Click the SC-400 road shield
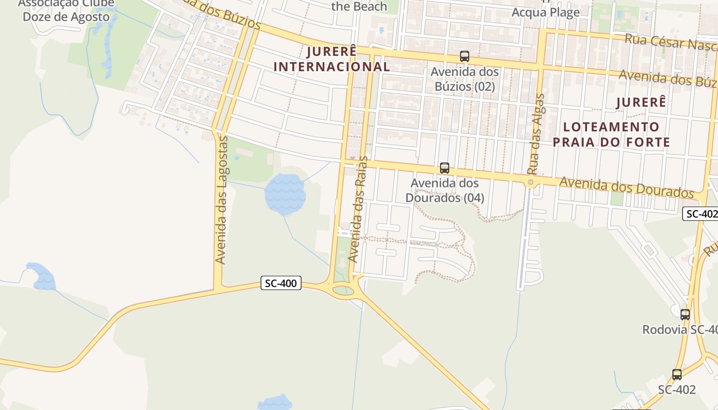point(281,283)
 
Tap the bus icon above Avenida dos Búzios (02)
point(465,56)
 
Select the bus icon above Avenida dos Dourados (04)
point(445,168)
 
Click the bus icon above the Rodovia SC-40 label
point(685,314)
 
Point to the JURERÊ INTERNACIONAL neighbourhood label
point(332,59)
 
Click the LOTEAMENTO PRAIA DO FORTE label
point(611,134)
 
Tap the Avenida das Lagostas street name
point(221,200)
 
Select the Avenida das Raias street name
point(358,209)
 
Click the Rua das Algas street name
point(536,134)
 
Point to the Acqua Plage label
point(546,12)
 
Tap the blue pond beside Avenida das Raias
point(285,194)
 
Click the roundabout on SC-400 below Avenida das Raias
point(343,291)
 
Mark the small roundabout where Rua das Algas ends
point(531,182)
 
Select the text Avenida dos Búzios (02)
point(465,79)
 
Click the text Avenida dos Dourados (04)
point(445,190)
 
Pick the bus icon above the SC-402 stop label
point(677,375)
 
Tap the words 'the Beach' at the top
point(359,7)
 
